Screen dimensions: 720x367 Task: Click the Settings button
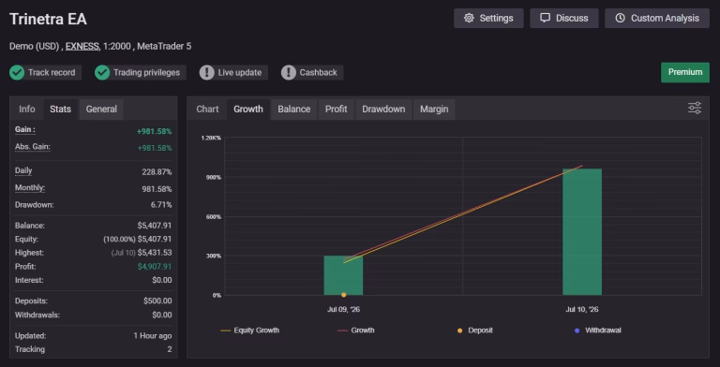[x=488, y=19]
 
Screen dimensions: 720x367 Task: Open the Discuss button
[x=563, y=19]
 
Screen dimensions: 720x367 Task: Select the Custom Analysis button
[x=656, y=19]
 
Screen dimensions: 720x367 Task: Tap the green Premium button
[x=685, y=72]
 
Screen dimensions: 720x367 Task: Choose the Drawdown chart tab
[x=383, y=110]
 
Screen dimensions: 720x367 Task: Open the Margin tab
[x=434, y=110]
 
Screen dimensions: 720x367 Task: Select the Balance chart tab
[x=293, y=110]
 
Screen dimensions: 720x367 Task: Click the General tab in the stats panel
[x=101, y=110]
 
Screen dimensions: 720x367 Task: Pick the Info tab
[x=26, y=110]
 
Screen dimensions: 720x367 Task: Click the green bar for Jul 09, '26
[x=343, y=275]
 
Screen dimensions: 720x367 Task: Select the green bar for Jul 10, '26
[x=582, y=232]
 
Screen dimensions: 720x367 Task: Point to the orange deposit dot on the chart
[x=343, y=295]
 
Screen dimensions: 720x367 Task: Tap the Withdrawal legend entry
[x=598, y=330]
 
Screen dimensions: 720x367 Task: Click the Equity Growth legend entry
[x=249, y=330]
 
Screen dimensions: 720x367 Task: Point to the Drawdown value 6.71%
[x=161, y=205]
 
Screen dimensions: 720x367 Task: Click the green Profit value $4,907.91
[x=155, y=267]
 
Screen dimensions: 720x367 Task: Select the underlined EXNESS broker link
[x=82, y=46]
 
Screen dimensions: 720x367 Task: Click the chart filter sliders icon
[x=695, y=109]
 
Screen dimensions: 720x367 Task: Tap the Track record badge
[x=45, y=72]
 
